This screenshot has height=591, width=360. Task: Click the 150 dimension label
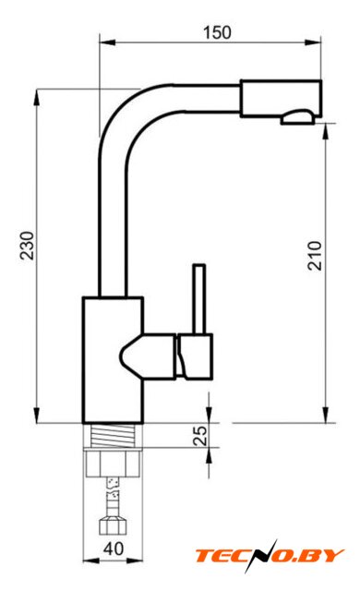pos(217,32)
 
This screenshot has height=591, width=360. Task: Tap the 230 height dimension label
pos(27,246)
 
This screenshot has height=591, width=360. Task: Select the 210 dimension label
pos(315,256)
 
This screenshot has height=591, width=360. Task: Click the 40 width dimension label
pos(114,549)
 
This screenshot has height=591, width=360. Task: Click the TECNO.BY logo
pos(270,556)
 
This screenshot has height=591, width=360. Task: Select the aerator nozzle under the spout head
pos(297,117)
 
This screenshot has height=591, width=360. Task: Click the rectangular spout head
pos(281,99)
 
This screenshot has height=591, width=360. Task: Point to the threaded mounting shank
pos(113,436)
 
